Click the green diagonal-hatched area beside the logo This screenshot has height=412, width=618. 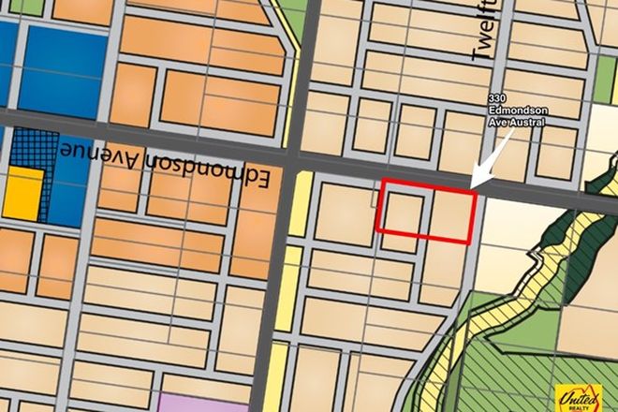(x=515, y=375)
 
